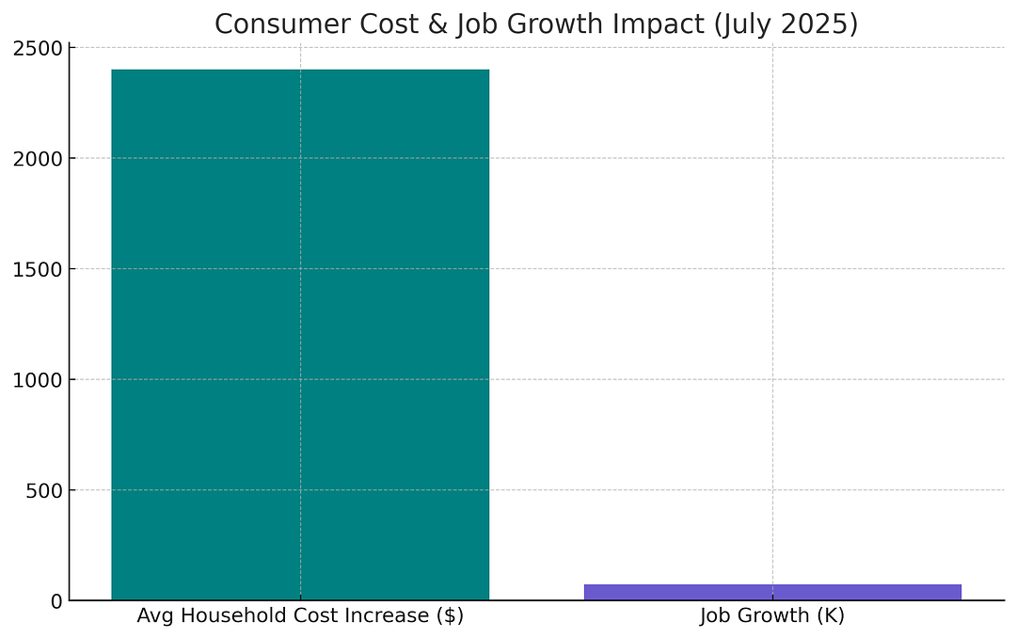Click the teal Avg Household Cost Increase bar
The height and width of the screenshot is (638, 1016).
(300, 335)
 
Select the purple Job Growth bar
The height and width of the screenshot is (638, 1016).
(772, 592)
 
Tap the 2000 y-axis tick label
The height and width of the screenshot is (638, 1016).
(38, 159)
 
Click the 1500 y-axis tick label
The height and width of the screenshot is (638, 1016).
(38, 269)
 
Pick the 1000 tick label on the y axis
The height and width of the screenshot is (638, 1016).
(38, 380)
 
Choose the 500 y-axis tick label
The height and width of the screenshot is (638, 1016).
(44, 491)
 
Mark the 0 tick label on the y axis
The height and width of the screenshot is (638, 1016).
(57, 601)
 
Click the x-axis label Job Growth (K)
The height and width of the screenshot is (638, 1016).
(772, 616)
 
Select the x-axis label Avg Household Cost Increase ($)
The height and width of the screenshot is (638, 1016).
(300, 616)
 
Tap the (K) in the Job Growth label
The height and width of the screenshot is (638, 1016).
(833, 616)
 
